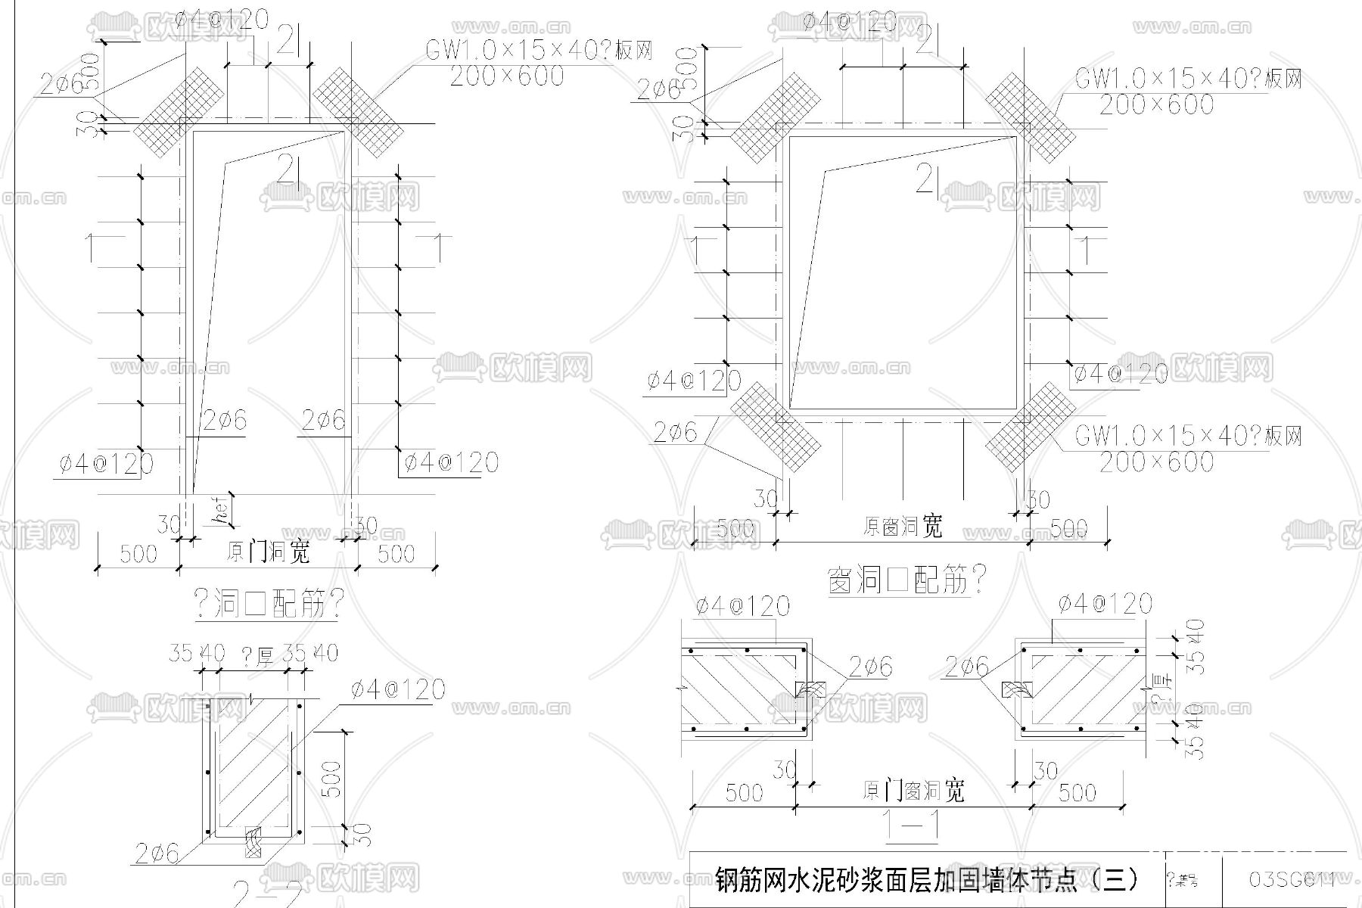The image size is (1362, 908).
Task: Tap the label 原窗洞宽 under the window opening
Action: click(x=903, y=526)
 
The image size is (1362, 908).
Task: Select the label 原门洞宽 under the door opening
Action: click(x=268, y=552)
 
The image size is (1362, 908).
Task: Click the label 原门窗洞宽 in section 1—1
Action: click(x=913, y=791)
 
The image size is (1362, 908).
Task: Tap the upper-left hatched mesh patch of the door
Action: click(x=179, y=112)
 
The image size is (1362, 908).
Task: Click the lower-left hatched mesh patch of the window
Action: click(x=776, y=428)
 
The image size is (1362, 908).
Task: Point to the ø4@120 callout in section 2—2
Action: click(x=398, y=689)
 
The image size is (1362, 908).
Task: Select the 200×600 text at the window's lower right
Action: click(x=1156, y=462)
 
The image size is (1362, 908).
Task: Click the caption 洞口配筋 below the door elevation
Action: click(x=269, y=605)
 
